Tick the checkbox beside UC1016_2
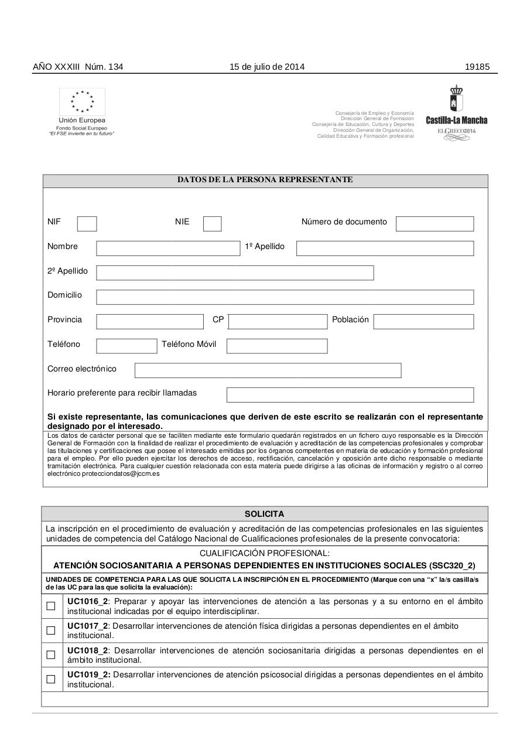click(51, 606)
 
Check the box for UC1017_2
click(51, 630)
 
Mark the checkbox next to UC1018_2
click(51, 655)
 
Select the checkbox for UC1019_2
click(51, 679)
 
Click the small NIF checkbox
click(87, 224)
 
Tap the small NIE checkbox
click(212, 224)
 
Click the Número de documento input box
click(435, 224)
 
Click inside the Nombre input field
click(168, 248)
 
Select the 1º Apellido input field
click(385, 248)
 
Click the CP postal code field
click(278, 322)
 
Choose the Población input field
click(423, 322)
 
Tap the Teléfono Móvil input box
click(277, 346)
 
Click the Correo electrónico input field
click(268, 370)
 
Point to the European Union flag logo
click(82, 102)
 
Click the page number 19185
click(477, 67)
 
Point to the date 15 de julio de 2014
click(267, 67)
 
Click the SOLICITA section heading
click(264, 514)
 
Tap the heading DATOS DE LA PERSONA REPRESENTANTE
click(265, 180)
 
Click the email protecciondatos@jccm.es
click(120, 473)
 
